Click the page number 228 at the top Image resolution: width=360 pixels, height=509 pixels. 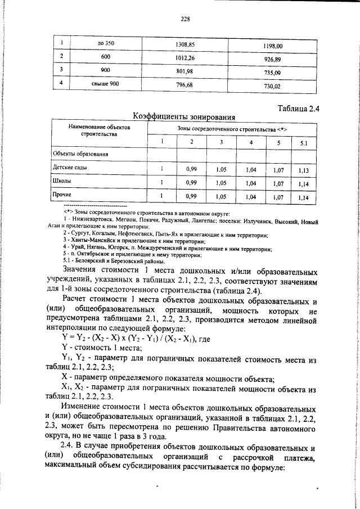(185, 19)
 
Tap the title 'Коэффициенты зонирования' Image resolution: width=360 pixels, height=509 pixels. (183, 116)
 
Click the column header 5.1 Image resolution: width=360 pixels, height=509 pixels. (303, 143)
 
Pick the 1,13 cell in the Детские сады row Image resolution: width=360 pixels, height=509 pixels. (303, 170)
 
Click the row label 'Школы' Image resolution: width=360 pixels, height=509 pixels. (62, 182)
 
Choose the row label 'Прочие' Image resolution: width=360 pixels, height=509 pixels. (62, 196)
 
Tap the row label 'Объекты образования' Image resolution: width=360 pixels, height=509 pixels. (80, 153)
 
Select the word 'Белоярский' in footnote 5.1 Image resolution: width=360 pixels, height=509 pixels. (89, 262)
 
